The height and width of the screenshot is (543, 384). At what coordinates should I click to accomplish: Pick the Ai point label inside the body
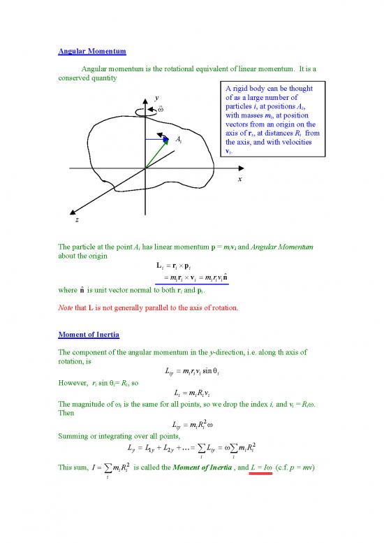179,140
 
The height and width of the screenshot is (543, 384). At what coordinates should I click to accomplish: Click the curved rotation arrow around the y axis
145,109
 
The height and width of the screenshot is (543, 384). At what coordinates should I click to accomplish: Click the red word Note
66,305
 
